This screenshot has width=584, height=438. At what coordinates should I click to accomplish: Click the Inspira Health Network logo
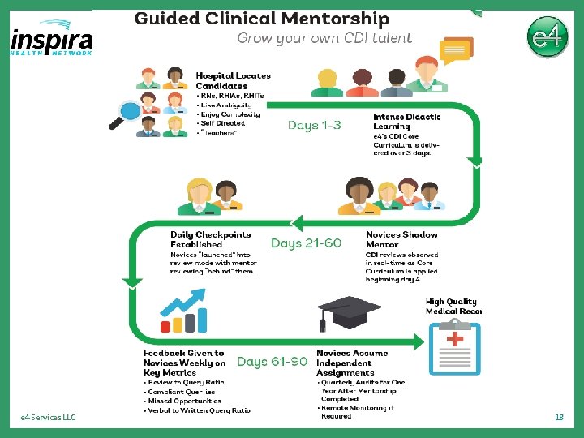52,39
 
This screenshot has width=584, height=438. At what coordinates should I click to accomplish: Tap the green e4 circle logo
547,37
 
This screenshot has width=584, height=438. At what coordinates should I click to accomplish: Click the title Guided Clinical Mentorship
261,19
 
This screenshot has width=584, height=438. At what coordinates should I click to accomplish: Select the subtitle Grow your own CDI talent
324,37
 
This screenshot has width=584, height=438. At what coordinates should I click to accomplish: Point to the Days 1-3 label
314,125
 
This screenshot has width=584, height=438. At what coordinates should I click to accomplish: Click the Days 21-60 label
306,243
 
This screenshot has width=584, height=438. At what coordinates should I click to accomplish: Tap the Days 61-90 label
273,362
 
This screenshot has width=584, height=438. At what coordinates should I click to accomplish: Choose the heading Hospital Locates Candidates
233,80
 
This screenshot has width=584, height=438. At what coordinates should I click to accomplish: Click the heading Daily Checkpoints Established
210,239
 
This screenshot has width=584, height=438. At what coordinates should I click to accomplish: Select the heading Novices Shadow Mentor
401,239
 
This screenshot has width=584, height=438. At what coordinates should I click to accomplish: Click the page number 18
558,417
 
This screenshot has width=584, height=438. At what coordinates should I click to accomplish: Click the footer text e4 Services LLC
48,417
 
